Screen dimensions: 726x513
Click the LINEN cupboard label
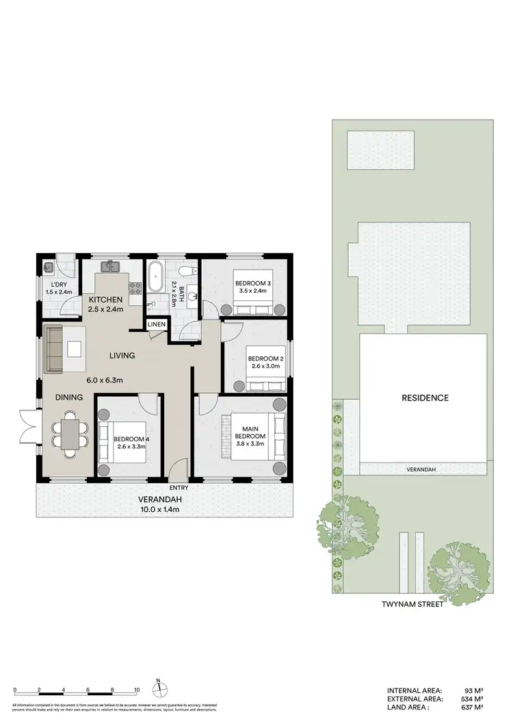click(x=155, y=324)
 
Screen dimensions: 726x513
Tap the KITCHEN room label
click(x=105, y=300)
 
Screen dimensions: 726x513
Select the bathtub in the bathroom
click(x=155, y=276)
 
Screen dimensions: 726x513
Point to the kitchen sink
click(x=111, y=266)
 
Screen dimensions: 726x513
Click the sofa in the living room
click(x=54, y=349)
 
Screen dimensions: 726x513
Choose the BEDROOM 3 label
click(x=253, y=283)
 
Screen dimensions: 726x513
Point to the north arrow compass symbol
click(x=158, y=686)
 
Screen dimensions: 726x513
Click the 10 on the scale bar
click(x=137, y=690)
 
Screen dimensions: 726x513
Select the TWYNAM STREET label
click(x=412, y=604)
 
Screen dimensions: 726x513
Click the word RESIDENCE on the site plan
click(x=425, y=398)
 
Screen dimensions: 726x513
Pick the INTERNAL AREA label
click(x=415, y=690)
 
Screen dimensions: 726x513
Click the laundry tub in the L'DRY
click(x=49, y=268)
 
